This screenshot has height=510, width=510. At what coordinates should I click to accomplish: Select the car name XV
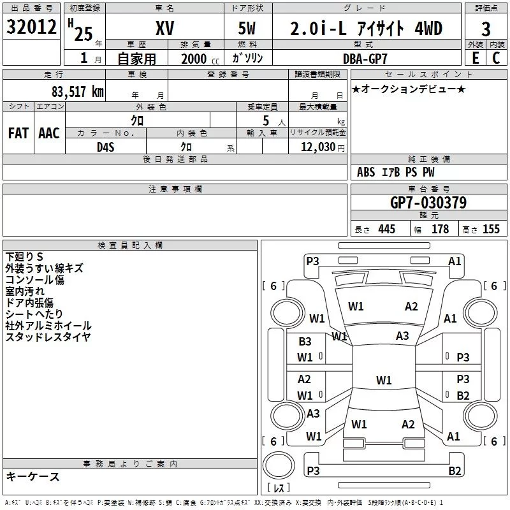click(x=165, y=28)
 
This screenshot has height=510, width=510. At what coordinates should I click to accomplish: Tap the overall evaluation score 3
click(x=486, y=29)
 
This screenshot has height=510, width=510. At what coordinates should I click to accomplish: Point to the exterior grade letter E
click(x=475, y=58)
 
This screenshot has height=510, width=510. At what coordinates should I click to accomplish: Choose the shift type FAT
click(x=18, y=133)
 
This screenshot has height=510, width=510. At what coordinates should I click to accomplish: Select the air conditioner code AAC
click(x=49, y=133)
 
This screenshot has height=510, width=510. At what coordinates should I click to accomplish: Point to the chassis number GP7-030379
click(x=428, y=203)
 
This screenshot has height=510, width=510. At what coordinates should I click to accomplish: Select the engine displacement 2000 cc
click(x=194, y=59)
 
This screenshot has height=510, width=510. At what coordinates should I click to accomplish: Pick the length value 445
click(x=386, y=229)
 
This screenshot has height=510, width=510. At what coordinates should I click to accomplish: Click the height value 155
click(x=491, y=229)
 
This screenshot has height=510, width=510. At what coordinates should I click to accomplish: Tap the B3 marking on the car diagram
click(x=305, y=342)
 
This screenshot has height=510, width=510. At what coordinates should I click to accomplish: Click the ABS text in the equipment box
click(x=366, y=172)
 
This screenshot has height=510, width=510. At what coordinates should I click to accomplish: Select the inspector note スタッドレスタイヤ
click(x=48, y=337)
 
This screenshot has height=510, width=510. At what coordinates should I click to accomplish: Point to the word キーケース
click(x=33, y=476)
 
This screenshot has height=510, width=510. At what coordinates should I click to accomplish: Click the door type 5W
click(x=248, y=28)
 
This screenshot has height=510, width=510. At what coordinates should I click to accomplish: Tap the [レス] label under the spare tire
click(x=279, y=489)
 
